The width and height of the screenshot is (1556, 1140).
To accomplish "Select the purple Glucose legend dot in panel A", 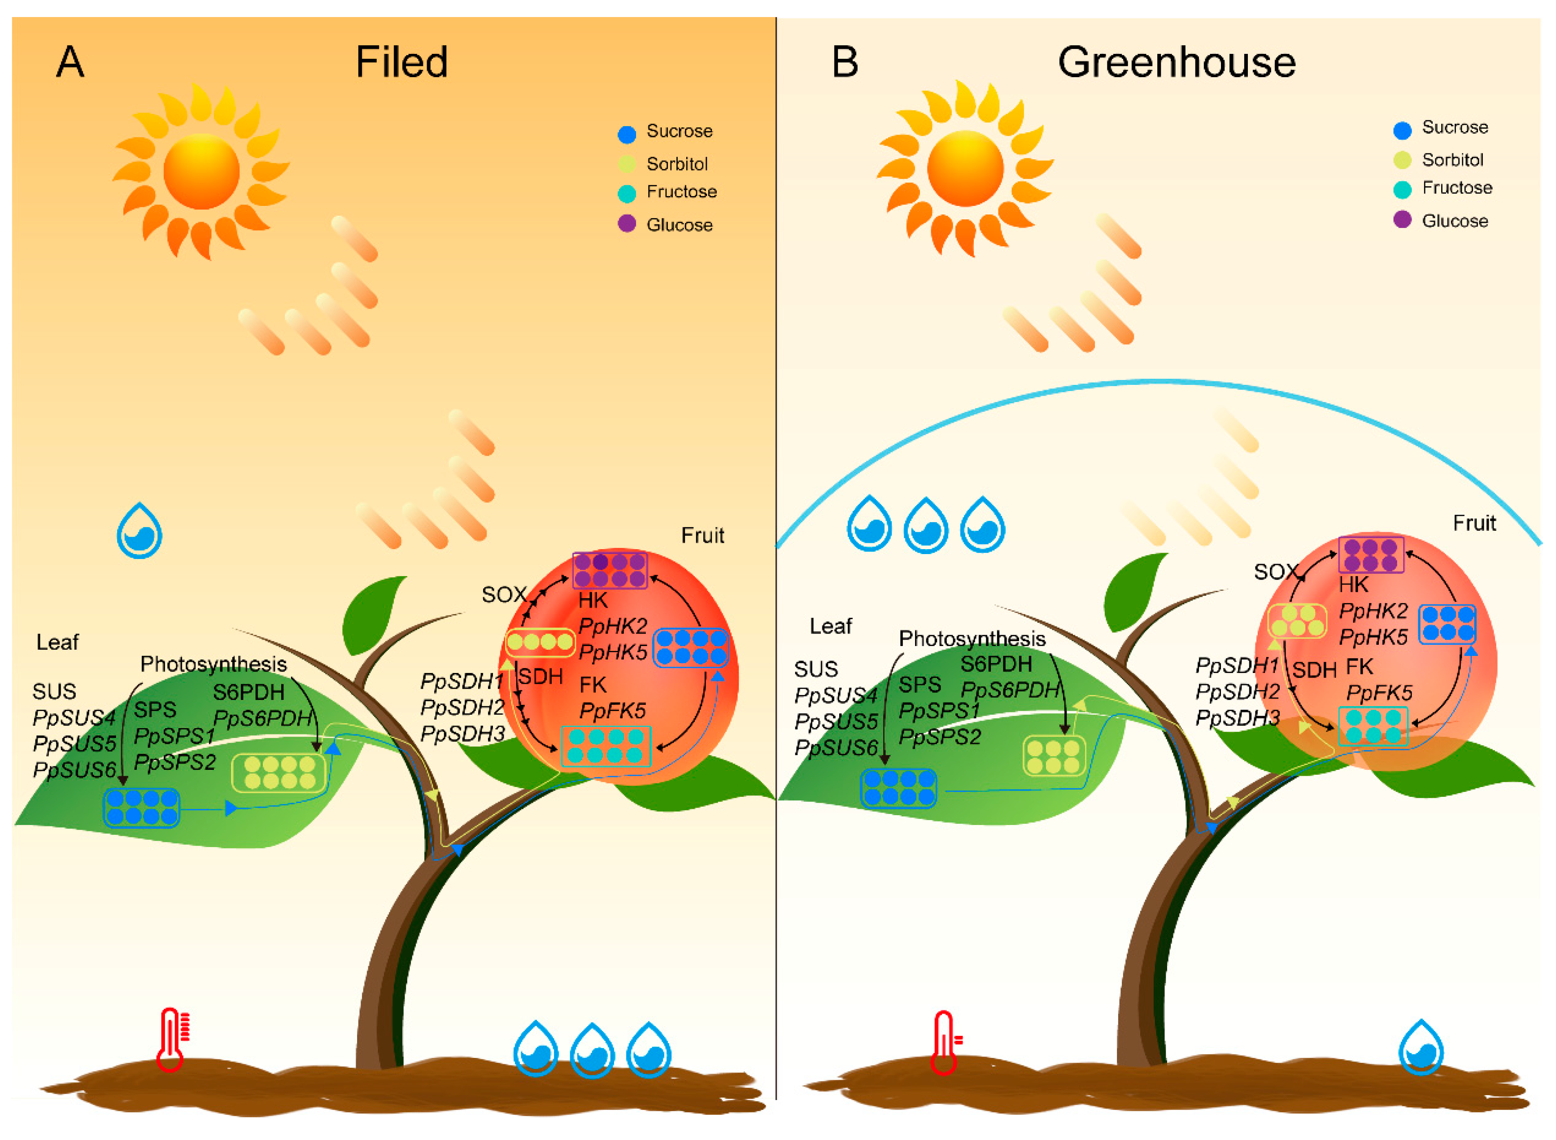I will (x=626, y=223).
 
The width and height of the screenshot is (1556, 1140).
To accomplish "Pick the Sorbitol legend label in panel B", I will (x=1452, y=160).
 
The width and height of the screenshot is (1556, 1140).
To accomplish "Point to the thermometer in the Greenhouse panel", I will (x=945, y=1042).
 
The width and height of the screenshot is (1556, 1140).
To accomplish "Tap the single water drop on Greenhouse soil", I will (x=1421, y=1048).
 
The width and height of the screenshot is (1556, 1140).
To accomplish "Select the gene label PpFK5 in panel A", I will (x=612, y=711).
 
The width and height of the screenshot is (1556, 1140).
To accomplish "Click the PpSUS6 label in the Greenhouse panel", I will (x=835, y=747).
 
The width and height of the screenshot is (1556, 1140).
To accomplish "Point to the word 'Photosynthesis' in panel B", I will (x=972, y=639).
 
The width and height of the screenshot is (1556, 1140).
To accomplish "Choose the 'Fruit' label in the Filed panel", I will (x=702, y=536).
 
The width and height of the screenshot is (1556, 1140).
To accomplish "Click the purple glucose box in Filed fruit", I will (x=610, y=570).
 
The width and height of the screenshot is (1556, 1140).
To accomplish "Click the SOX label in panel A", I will (x=504, y=595).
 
